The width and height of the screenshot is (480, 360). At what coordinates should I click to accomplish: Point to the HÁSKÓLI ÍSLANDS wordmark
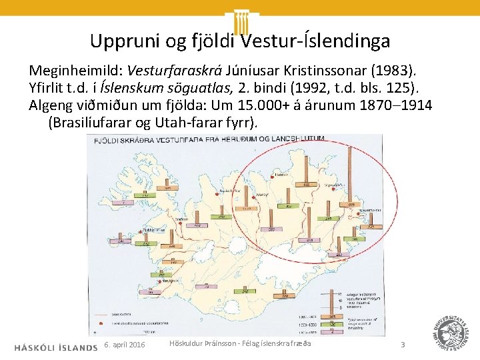pos(55,347)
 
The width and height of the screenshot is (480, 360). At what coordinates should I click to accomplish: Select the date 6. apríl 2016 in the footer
pos(125,345)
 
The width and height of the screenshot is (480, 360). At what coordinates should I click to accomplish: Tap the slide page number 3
pos(403,345)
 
